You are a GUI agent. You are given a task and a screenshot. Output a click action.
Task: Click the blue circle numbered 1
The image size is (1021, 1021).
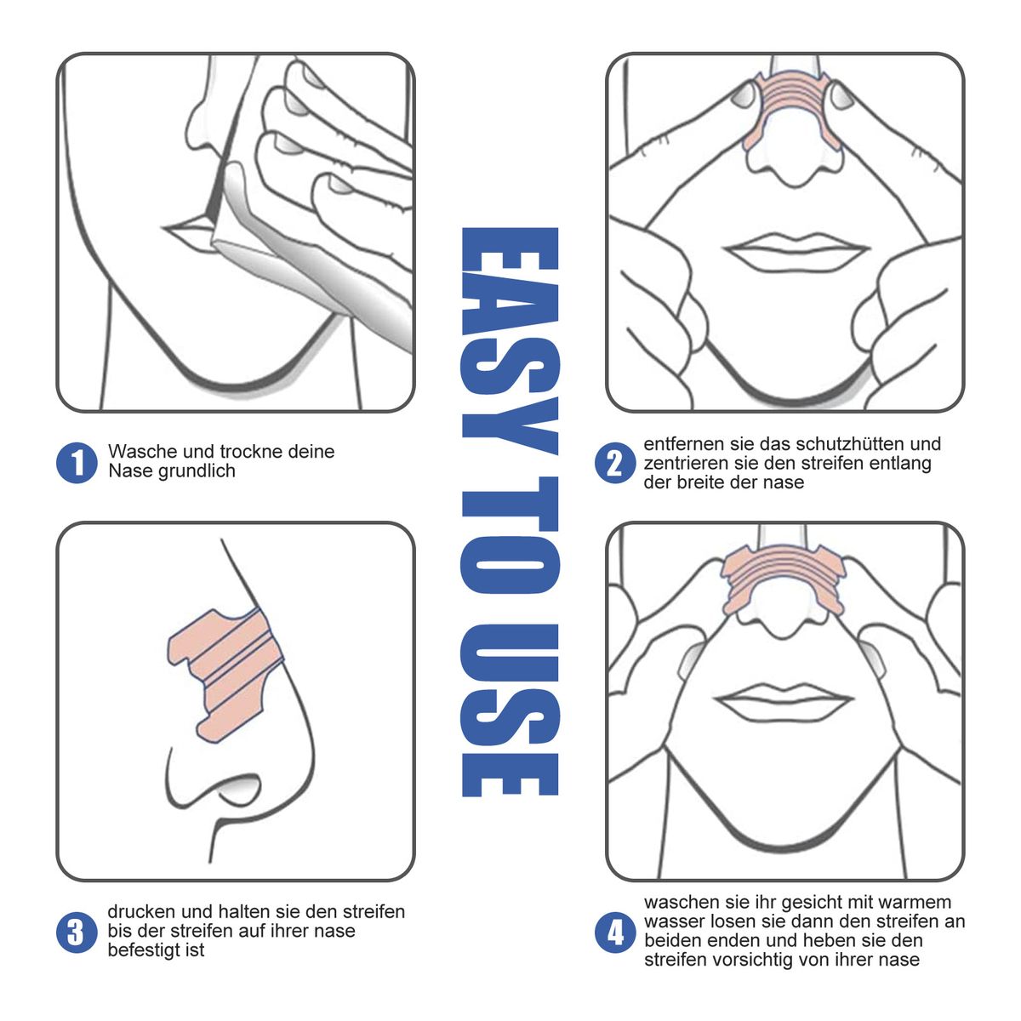pyautogui.click(x=77, y=463)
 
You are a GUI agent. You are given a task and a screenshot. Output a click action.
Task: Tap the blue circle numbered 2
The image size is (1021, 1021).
pyautogui.click(x=614, y=463)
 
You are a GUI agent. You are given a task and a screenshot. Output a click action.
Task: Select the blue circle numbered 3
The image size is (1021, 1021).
pyautogui.click(x=77, y=932)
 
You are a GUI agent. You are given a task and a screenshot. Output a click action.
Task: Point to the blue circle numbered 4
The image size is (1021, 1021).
pyautogui.click(x=614, y=932)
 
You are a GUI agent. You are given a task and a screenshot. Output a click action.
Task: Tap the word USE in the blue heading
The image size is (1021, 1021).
pyautogui.click(x=510, y=710)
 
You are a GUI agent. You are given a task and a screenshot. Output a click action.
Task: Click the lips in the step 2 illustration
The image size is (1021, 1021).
pyautogui.click(x=796, y=250)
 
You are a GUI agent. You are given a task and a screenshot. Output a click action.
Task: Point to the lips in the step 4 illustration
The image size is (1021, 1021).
pyautogui.click(x=784, y=701)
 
